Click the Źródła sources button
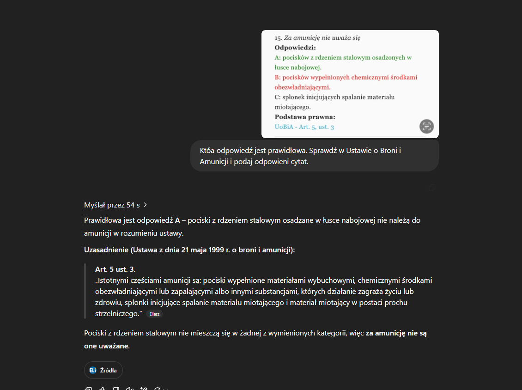103,370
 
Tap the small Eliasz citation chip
154,314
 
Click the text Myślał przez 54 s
112,205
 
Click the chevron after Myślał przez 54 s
146,205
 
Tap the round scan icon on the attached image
426,126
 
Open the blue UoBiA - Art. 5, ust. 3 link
304,127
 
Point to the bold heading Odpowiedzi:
295,48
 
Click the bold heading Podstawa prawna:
305,117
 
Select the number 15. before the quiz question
278,38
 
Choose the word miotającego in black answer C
292,107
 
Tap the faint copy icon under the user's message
432,187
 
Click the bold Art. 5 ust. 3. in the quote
115,269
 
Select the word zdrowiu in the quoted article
107,302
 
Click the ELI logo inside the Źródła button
93,370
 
